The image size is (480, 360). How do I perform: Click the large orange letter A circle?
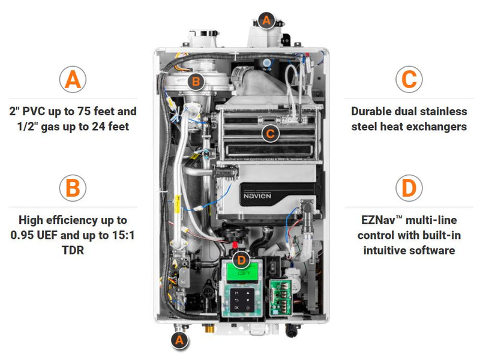pyautogui.click(x=73, y=80)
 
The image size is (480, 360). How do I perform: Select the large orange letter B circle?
pyautogui.click(x=73, y=188)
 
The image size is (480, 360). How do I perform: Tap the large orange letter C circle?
pyautogui.click(x=409, y=80)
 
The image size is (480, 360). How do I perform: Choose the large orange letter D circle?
pyautogui.click(x=409, y=188)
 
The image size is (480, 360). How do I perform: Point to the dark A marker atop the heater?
pyautogui.click(x=266, y=20)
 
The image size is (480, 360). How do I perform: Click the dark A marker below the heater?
pyautogui.click(x=178, y=340)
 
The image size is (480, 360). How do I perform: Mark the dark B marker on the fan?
pyautogui.click(x=196, y=81)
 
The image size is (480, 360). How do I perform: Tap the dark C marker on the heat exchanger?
pyautogui.click(x=270, y=133)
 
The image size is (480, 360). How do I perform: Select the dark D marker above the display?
pyautogui.click(x=241, y=260)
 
